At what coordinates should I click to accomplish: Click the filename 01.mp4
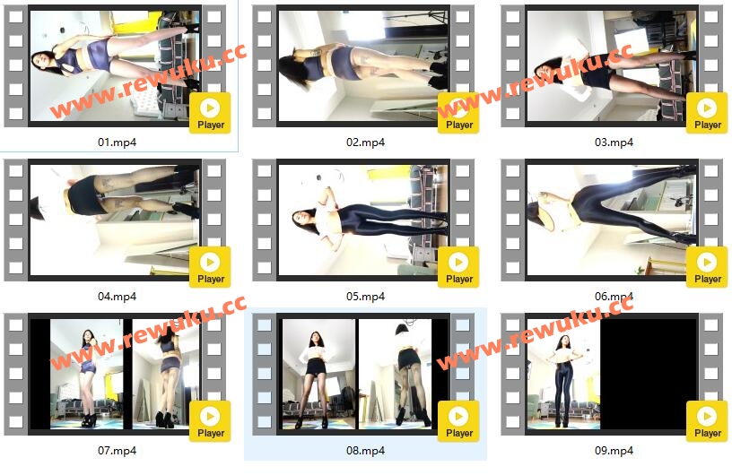117,142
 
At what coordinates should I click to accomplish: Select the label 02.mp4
365,142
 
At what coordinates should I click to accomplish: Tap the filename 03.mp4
614,142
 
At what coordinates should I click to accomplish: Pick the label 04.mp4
117,297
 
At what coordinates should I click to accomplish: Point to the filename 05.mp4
365,297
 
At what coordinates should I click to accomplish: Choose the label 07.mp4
117,451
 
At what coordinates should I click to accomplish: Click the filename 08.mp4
365,451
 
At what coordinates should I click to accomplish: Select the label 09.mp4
614,451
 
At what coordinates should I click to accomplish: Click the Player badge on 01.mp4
210,113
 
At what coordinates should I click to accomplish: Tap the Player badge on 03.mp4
707,113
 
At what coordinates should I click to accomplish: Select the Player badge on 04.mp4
210,267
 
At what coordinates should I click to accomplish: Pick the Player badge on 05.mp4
458,267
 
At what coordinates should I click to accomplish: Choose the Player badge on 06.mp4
707,267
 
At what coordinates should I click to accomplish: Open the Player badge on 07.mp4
210,421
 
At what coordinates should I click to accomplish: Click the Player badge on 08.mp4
458,421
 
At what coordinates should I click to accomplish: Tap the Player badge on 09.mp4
707,421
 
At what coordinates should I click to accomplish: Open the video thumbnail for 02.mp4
363,65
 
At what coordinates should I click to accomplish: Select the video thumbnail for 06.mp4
612,220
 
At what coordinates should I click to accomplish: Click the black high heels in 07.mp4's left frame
88,420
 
